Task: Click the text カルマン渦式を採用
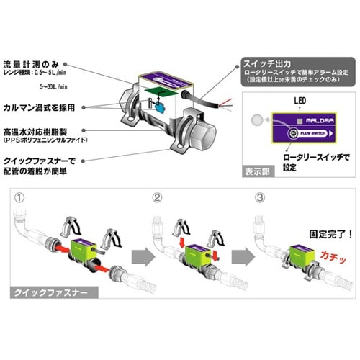48,107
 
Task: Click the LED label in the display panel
279,104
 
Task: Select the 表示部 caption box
261,172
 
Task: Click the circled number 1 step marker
19,197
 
